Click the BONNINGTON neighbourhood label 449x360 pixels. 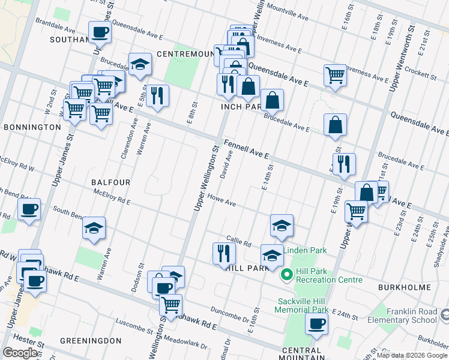click(x=32, y=127)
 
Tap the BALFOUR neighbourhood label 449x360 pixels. click(x=110, y=181)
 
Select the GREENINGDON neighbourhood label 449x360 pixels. click(x=91, y=341)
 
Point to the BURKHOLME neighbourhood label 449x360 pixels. click(x=405, y=287)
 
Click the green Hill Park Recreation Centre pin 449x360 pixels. click(x=287, y=275)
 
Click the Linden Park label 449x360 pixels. click(x=304, y=250)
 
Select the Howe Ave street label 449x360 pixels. click(x=221, y=200)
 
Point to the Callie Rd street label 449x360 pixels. click(x=238, y=241)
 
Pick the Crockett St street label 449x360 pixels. click(x=421, y=75)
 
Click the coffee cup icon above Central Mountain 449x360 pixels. click(x=316, y=324)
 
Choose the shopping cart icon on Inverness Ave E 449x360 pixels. click(x=335, y=75)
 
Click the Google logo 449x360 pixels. click(x=20, y=353)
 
